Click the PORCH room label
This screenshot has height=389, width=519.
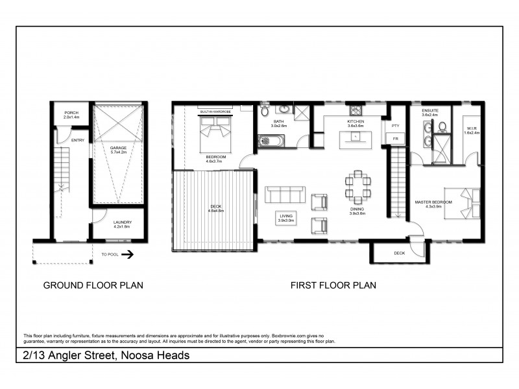point(71,115)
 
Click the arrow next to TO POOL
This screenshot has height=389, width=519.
point(128,255)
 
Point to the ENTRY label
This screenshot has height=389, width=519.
point(78,139)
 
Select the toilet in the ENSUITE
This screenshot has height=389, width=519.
point(442,126)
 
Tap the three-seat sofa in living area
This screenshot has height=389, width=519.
point(284,194)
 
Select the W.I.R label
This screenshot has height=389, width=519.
point(472,130)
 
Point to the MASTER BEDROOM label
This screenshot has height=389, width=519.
point(433,204)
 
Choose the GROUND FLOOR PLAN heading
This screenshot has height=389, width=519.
point(93,285)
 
